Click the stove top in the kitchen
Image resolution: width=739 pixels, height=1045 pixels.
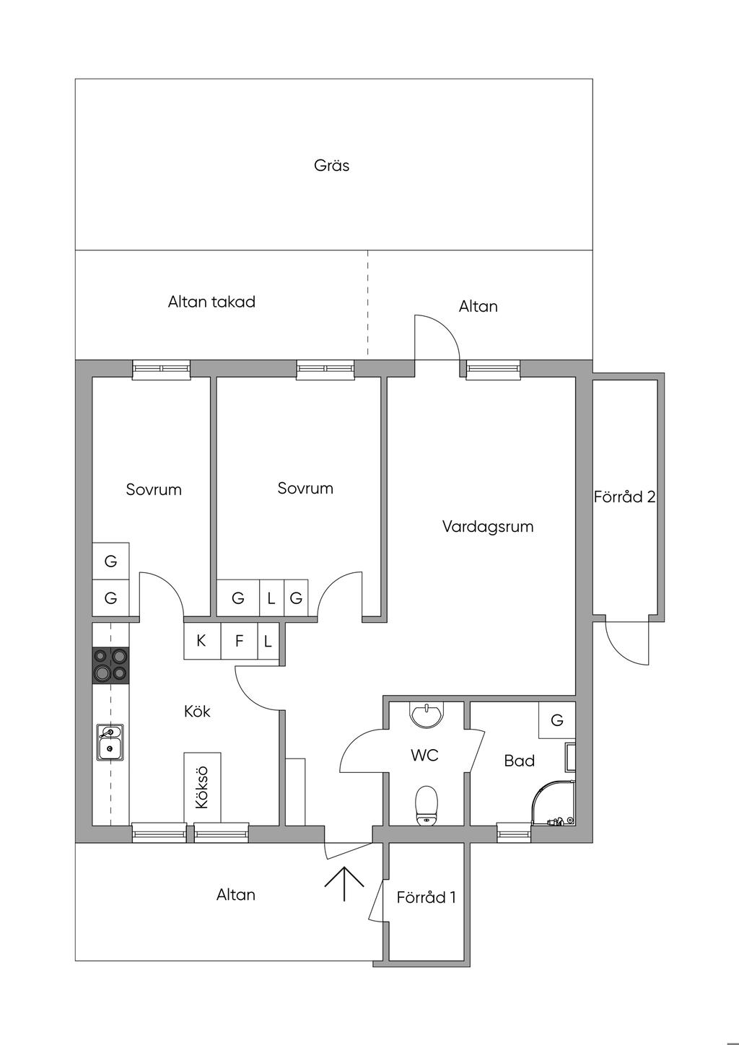click(x=110, y=665)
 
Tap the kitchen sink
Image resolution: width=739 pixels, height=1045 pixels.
click(x=110, y=743)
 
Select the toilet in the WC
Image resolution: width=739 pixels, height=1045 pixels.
click(x=427, y=805)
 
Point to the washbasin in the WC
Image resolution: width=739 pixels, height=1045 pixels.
click(x=427, y=714)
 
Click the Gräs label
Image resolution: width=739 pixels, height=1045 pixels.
click(x=332, y=165)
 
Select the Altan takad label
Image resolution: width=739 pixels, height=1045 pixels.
click(x=211, y=302)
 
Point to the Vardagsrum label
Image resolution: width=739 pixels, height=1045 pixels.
click(x=488, y=526)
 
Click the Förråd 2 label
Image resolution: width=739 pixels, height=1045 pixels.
click(x=624, y=497)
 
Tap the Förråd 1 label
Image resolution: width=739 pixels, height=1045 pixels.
click(x=426, y=897)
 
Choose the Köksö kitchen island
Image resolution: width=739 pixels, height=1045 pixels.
click(x=202, y=787)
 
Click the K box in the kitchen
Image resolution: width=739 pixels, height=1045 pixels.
click(x=201, y=640)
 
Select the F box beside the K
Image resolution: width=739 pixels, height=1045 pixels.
click(x=239, y=640)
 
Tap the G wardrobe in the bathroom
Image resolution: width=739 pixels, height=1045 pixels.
click(x=556, y=720)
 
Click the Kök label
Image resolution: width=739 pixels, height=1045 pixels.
click(x=197, y=711)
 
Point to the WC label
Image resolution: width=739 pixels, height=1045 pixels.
click(x=424, y=756)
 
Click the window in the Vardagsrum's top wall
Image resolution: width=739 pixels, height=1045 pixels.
click(x=493, y=370)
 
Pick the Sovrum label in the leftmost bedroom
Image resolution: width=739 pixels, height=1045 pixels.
click(x=154, y=489)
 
